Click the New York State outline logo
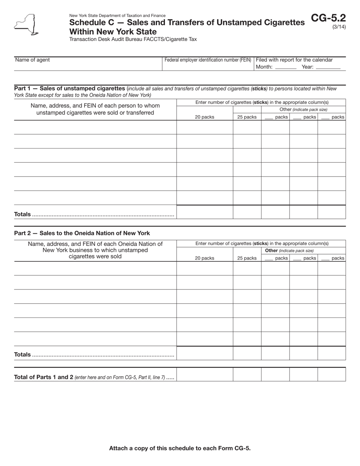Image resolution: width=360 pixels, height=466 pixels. (26, 25)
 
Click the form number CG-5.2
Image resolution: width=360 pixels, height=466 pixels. (328, 18)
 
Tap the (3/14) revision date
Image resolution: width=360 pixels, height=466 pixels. (339, 27)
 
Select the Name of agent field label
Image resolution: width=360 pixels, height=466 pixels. (32, 60)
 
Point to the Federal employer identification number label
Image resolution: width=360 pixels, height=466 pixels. (208, 60)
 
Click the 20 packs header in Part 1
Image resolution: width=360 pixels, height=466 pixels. (205, 117)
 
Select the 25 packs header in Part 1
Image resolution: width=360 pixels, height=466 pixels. (247, 117)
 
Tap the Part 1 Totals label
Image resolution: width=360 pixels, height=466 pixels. (22, 214)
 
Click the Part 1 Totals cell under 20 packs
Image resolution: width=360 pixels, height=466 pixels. (205, 212)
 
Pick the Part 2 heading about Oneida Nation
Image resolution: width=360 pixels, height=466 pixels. (82, 233)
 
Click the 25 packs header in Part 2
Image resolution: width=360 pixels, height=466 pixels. (247, 258)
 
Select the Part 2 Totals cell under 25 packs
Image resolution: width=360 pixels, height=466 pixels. (247, 353)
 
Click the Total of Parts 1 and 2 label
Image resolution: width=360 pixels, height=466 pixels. (89, 377)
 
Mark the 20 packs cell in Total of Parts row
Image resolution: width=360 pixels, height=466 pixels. (205, 374)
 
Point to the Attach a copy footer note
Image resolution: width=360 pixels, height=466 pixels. (180, 448)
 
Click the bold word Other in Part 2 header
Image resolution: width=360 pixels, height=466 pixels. (271, 251)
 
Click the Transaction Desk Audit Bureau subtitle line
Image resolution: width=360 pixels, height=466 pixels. (133, 39)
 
